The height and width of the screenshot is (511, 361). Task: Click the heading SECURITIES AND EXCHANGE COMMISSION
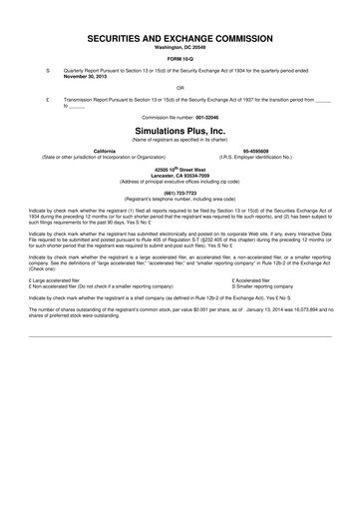[180, 36]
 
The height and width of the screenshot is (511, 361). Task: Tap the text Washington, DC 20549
[180, 47]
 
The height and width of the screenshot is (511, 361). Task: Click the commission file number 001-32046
[212, 117]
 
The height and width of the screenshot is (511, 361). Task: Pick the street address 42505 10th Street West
[180, 170]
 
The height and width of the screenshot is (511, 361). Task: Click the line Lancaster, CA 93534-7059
[180, 176]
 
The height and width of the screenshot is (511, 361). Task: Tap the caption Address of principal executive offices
[180, 183]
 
